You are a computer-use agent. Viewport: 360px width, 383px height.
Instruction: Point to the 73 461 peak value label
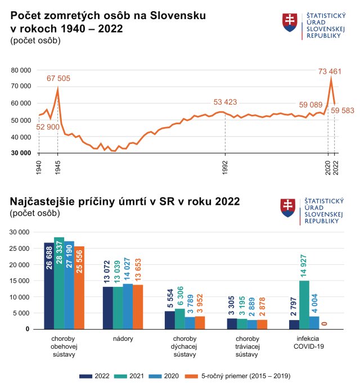click(330, 71)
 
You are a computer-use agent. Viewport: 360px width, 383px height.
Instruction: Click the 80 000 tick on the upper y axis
click(21, 70)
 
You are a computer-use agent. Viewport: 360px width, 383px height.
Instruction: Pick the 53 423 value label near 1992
click(225, 102)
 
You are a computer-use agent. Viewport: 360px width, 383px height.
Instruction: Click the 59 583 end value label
click(343, 111)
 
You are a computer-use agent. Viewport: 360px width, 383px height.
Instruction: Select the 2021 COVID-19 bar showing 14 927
click(304, 304)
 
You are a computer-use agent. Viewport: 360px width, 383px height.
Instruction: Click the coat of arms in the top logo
click(290, 22)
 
